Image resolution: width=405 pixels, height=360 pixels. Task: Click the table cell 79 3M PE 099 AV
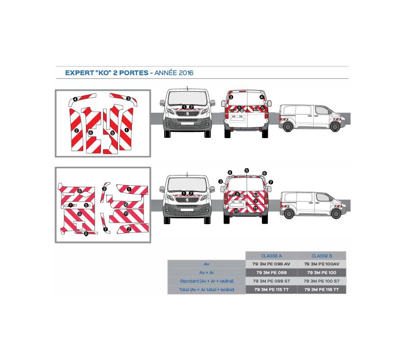[271, 264]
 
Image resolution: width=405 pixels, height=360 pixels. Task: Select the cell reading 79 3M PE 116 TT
[322, 289]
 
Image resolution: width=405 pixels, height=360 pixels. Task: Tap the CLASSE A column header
[271, 256]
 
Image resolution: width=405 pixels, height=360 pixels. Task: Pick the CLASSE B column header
[322, 256]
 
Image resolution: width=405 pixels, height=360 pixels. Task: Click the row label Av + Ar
[207, 272]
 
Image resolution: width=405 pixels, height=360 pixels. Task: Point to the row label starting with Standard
[207, 281]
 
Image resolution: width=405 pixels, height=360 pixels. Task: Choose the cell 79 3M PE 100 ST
[322, 281]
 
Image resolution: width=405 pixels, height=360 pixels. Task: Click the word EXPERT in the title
[79, 73]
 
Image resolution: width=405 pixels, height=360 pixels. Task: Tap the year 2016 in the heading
[186, 73]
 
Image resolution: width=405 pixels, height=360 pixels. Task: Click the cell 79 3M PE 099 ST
[271, 281]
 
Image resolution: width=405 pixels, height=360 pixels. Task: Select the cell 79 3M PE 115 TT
[271, 289]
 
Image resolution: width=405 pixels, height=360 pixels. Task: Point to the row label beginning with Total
[207, 289]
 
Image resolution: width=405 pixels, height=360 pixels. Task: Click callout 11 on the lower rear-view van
[256, 208]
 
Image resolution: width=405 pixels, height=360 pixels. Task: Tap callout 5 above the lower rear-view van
[247, 171]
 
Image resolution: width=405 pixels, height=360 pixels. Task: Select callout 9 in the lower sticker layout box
[80, 214]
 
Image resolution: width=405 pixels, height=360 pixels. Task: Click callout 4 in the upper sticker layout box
[75, 99]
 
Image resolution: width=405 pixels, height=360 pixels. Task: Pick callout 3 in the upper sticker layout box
[128, 99]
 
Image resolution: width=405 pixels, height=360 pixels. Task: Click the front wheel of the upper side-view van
[335, 127]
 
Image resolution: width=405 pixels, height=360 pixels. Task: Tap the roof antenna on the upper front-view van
[187, 88]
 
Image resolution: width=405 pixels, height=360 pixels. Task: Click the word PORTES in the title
[134, 73]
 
